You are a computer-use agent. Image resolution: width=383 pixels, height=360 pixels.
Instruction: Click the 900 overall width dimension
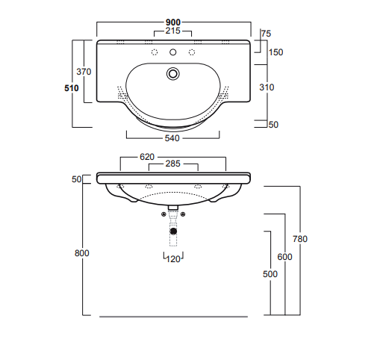point(173,22)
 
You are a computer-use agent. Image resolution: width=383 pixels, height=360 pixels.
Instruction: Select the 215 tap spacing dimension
point(172,31)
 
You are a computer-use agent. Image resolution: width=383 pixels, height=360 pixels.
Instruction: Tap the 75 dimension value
point(267,34)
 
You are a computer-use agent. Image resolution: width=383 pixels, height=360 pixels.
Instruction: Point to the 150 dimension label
point(275,52)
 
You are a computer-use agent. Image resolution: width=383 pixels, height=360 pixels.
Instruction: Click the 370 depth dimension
point(84,72)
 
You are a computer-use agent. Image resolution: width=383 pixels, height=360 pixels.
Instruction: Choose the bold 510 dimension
point(72,88)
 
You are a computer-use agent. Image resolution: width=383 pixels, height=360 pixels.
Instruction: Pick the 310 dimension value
point(267,87)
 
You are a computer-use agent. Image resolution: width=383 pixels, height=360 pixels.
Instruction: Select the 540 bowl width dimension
point(172,138)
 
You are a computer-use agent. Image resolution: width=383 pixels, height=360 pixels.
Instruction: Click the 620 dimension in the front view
point(147,157)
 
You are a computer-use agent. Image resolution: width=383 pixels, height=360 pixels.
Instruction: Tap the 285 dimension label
point(172,164)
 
